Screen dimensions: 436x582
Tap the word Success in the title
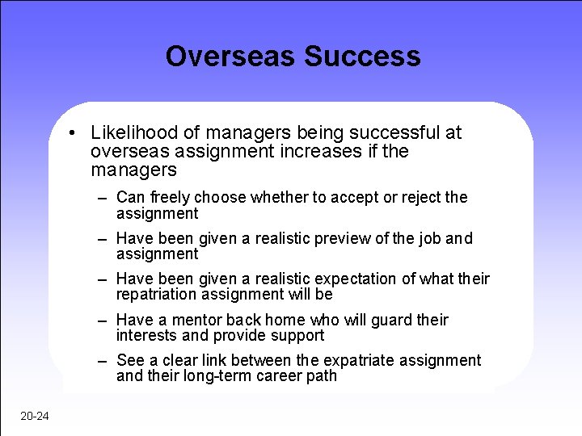(362, 57)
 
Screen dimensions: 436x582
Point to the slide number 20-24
(36, 416)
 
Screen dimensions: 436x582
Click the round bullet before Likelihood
(73, 133)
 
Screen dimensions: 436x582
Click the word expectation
(360, 279)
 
